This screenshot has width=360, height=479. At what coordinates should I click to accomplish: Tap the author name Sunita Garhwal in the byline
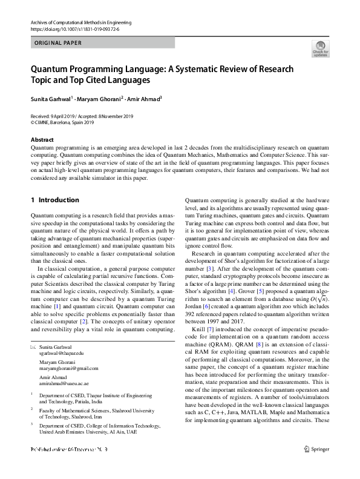(50, 98)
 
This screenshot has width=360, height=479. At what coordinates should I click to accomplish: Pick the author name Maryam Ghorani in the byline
(99, 98)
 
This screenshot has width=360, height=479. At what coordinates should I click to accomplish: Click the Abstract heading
(42, 139)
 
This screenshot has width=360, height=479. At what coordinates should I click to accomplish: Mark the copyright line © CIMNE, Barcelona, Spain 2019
(62, 122)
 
